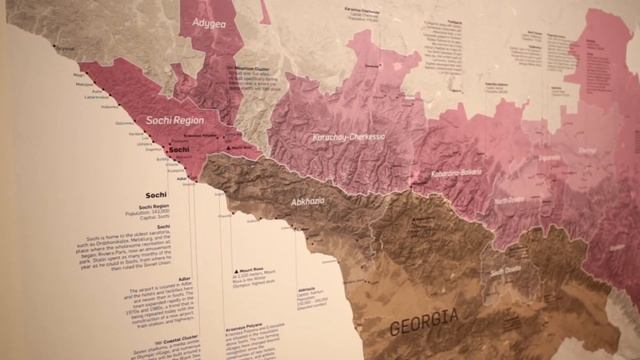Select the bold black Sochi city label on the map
coord(179,151)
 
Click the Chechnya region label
coord(587,152)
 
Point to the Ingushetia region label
coord(550,157)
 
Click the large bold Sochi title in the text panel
coord(156,194)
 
